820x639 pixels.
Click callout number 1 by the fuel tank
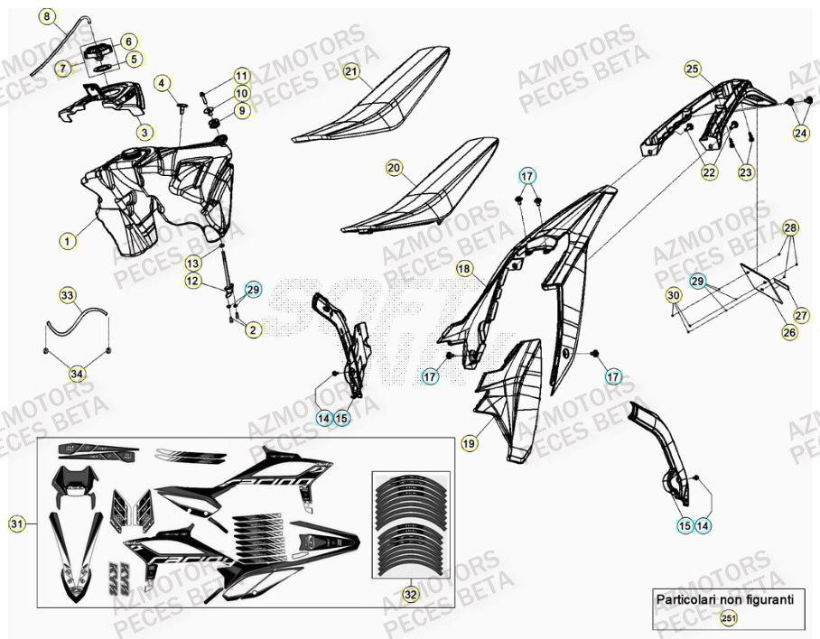(67, 241)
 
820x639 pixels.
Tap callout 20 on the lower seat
(394, 167)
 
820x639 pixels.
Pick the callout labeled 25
(693, 69)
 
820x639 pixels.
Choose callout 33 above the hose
(69, 295)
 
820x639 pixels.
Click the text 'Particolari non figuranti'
(724, 598)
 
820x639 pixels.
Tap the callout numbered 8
(48, 16)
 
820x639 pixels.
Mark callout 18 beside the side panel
(464, 268)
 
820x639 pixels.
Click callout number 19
(469, 442)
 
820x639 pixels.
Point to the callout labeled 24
(801, 134)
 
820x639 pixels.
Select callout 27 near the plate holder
(801, 315)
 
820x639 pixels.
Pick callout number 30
(673, 295)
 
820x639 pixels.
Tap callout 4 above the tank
(163, 84)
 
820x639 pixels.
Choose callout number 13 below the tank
(194, 263)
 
